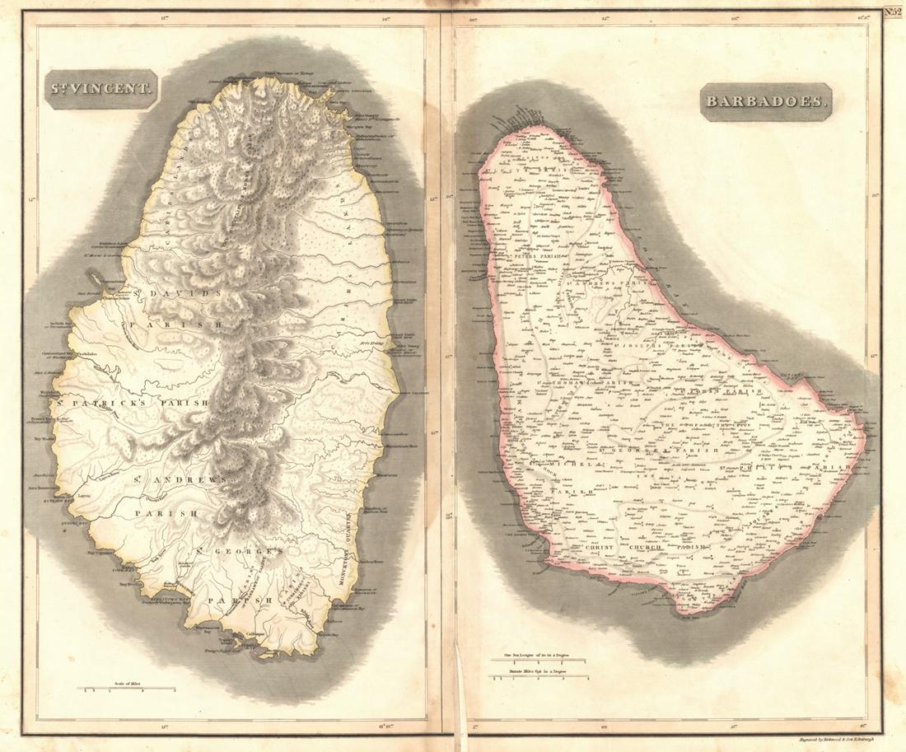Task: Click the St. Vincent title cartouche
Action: click(101, 89)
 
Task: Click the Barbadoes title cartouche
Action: click(767, 101)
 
